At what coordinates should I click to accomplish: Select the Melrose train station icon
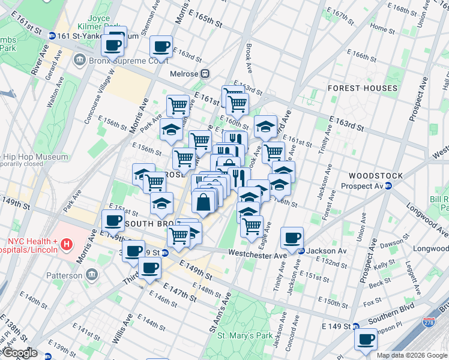[205, 73]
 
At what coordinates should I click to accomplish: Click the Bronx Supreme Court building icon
[79, 61]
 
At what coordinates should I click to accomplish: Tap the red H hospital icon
[67, 245]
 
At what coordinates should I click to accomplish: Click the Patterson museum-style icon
[92, 275]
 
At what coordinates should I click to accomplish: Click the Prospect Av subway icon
[388, 186]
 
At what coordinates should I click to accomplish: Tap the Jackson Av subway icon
[302, 251]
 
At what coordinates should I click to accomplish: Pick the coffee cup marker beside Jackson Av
[292, 238]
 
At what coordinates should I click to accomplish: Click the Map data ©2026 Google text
[412, 355]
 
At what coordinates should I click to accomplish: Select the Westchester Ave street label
[264, 256]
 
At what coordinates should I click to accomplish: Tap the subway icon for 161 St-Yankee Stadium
[52, 36]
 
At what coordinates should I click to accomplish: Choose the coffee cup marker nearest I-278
[365, 340]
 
